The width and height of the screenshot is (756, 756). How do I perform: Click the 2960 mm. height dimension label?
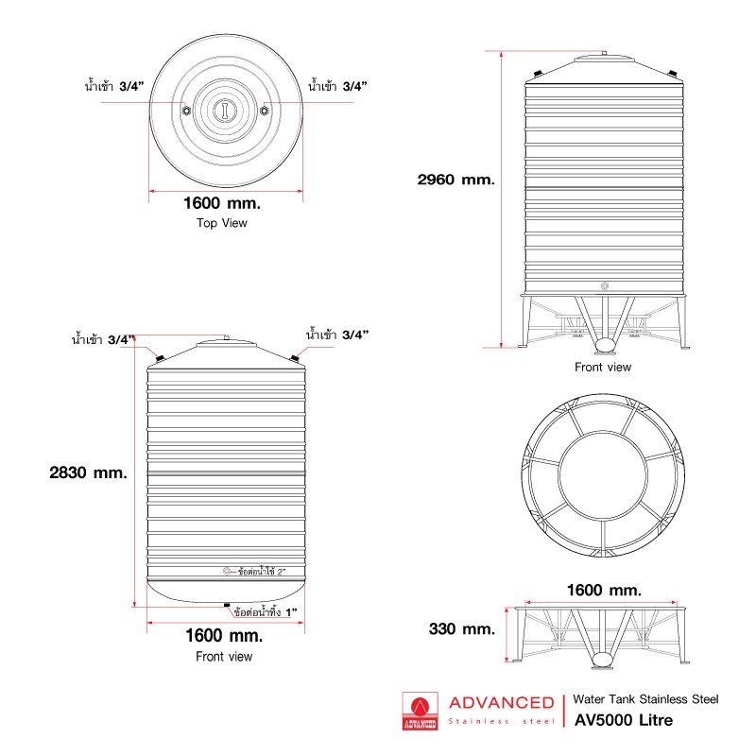(x=456, y=180)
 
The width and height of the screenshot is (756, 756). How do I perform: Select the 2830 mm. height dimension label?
(x=88, y=472)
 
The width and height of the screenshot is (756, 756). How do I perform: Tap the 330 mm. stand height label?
(x=462, y=628)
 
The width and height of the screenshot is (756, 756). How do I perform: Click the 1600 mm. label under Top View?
(x=222, y=203)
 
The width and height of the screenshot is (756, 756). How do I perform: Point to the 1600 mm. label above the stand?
(x=604, y=590)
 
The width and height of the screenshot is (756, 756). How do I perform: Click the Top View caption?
(x=222, y=223)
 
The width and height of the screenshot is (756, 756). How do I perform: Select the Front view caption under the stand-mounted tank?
(x=603, y=367)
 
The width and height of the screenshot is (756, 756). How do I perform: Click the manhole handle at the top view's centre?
(x=225, y=110)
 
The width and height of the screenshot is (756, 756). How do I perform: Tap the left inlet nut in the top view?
(x=186, y=111)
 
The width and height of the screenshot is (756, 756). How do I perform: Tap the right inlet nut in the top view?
(x=265, y=111)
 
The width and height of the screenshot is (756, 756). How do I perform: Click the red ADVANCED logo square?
(x=420, y=712)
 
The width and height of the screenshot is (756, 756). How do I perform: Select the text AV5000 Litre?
(x=624, y=720)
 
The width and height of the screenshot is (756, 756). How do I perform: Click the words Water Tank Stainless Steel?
(x=645, y=699)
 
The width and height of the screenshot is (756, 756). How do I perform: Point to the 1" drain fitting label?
(x=266, y=611)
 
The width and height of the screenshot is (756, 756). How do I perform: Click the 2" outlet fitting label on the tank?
(x=262, y=572)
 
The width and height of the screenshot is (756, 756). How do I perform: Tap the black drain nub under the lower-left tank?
(x=227, y=605)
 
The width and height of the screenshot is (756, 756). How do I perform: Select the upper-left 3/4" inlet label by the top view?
(x=114, y=86)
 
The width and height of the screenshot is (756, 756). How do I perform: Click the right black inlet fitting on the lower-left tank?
(x=294, y=358)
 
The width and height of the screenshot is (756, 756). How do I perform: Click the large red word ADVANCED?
(x=502, y=702)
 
